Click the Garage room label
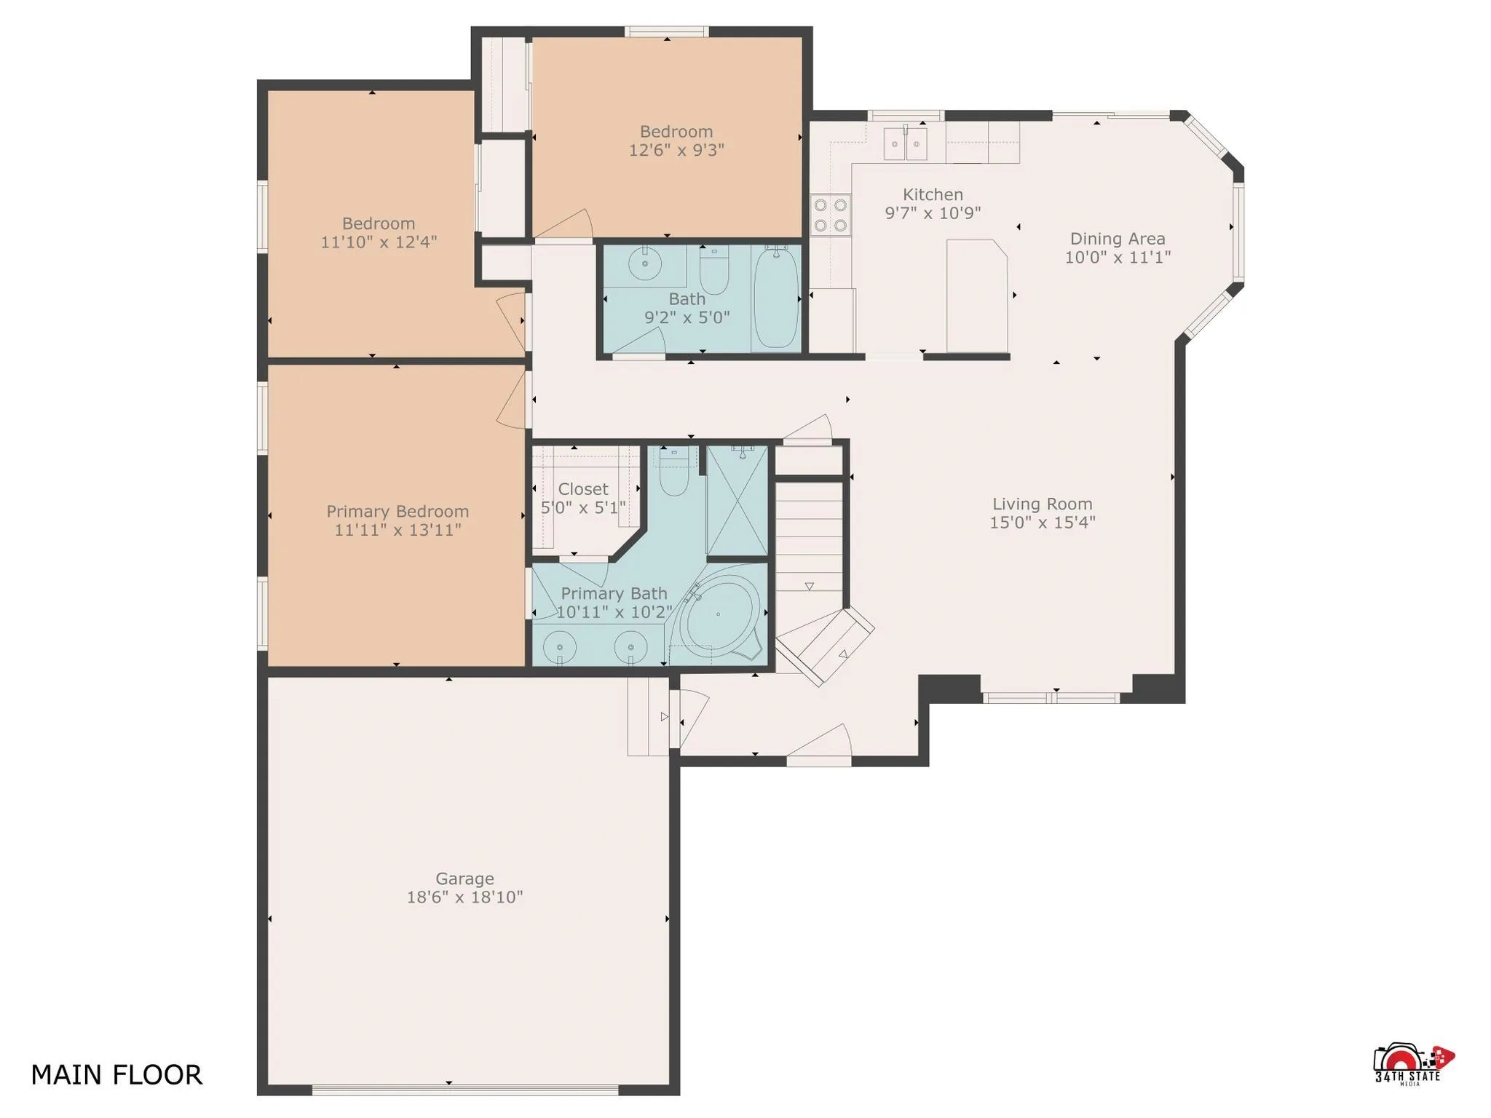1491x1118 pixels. pos(464,879)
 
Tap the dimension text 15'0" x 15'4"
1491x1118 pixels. pos(1042,523)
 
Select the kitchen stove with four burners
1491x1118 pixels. pos(831,215)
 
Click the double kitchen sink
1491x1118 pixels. pos(905,143)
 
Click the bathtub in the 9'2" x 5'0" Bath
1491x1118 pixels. pos(775,298)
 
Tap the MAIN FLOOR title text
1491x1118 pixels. pos(116,1075)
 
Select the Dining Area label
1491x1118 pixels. pos(1117,239)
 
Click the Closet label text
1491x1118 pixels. pos(582,489)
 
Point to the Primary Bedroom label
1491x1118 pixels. pos(397,511)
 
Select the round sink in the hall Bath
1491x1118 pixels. pos(644,263)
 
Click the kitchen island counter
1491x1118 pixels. pos(976,295)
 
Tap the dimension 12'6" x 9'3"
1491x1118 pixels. pos(676,150)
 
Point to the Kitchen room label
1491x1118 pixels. pos(933,194)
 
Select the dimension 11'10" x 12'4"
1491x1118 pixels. pos(378,242)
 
